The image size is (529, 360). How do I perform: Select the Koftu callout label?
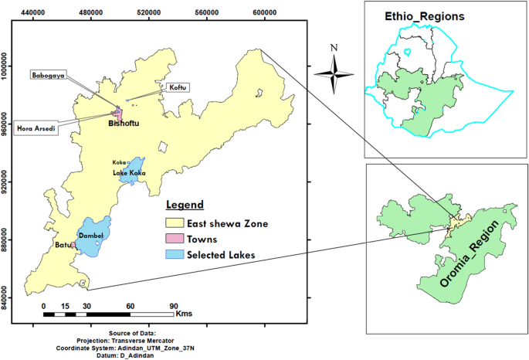point(175,89)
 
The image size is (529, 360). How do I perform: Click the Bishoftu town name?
point(126,124)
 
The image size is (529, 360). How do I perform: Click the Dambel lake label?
point(91,236)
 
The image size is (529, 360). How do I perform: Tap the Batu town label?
point(62,246)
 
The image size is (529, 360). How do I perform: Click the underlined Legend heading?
point(185,205)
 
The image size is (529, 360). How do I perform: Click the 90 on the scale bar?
point(174,306)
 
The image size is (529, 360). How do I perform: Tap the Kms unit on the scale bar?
point(185,314)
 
